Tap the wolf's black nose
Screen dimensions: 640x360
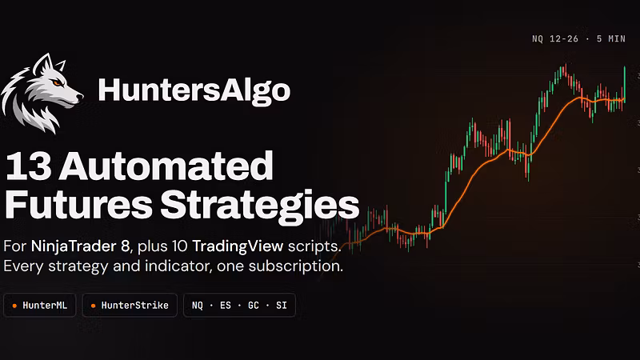(80, 97)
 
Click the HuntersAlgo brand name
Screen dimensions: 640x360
(194, 90)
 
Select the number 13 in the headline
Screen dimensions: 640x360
(28, 166)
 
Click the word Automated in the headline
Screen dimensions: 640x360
(166, 166)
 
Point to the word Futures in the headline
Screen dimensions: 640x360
(78, 205)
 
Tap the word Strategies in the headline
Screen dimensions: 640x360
(260, 206)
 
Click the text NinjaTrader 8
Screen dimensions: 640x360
(80, 246)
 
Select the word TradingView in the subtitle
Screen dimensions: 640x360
(238, 246)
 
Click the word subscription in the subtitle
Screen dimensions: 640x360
(295, 266)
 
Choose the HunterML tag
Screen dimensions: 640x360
(39, 305)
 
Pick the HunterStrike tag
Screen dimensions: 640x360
(130, 305)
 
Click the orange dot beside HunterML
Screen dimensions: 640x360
(14, 306)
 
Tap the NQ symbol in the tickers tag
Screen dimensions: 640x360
(197, 306)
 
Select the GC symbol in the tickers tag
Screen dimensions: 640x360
(253, 306)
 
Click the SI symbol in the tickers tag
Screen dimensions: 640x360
(282, 306)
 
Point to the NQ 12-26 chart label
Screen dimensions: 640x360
(555, 38)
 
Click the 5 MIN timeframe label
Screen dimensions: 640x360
(611, 38)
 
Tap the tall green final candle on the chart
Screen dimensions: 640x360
(625, 83)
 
